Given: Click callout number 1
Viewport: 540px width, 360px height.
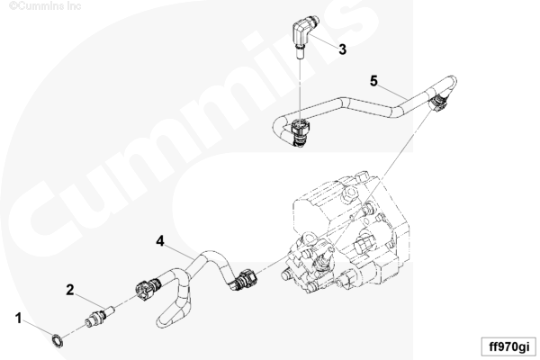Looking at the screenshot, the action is (x=19, y=318).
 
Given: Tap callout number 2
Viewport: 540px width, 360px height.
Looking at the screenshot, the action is (x=70, y=290).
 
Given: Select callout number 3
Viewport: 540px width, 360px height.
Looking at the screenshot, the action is (x=342, y=49).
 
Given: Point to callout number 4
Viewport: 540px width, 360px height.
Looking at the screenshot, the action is (x=160, y=241).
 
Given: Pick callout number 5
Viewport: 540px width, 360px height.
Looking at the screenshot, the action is (x=374, y=81).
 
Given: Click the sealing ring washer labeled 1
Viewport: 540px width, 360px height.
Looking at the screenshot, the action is (x=58, y=340).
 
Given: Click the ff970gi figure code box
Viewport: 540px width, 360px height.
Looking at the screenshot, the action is (x=508, y=346).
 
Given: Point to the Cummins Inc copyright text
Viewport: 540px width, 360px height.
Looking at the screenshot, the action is (x=45, y=6).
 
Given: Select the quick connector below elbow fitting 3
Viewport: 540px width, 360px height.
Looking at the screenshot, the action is (x=300, y=131).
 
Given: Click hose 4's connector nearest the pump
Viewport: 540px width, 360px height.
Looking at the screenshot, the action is (x=244, y=279).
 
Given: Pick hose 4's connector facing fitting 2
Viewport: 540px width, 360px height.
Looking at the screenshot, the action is (x=148, y=289).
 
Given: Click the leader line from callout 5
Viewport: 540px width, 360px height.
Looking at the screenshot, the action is (x=393, y=93).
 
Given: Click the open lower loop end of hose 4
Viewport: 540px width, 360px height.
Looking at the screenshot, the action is (x=162, y=319).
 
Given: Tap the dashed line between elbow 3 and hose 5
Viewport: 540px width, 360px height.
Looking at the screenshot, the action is (x=301, y=89).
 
